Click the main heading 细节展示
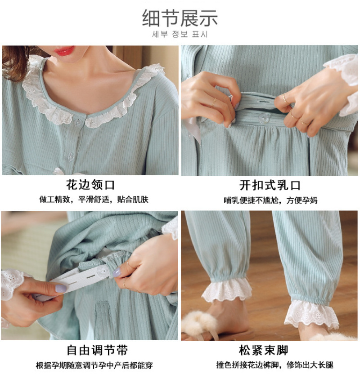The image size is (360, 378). coord(180,18)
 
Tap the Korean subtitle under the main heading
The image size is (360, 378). coord(180,34)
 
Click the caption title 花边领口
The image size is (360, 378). coord(90,185)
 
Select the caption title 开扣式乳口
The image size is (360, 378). coord(270,185)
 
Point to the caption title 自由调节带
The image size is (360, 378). coord(97,350)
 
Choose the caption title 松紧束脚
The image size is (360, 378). coord(264,350)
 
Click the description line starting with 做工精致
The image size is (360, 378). coord(94,200)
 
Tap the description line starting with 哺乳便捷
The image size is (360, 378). coord(270,200)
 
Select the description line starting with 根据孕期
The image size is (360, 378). coord(94,365)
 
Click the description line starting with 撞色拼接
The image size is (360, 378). coord(274,365)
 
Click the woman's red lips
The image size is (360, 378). coord(64,50)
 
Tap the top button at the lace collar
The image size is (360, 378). coord(78,122)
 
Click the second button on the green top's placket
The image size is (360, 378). coord(71,157)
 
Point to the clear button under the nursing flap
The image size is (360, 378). coord(264,118)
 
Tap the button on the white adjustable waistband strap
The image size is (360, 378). coord(102,272)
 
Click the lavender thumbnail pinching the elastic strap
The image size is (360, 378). coord(117,272)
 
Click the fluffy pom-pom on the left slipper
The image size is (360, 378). coord(200,322)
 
